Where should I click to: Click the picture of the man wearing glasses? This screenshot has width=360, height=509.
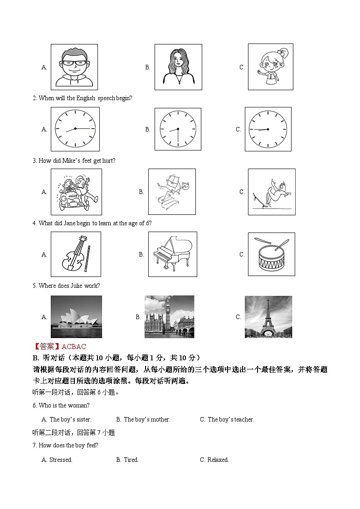coord(74,67)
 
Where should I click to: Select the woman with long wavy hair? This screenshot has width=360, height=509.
coord(178,67)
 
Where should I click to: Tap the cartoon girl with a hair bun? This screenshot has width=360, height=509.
coord(270,67)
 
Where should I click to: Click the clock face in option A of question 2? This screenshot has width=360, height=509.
coord(75,129)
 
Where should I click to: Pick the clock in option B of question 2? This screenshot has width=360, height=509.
coord(178,129)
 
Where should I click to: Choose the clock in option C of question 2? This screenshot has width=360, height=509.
coord(268,129)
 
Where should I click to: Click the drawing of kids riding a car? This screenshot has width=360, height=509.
coord(76,192)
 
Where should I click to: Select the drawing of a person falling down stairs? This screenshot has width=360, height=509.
coord(172,192)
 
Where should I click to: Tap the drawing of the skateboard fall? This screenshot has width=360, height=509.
coord(271,192)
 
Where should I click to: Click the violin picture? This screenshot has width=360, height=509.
coord(76,254)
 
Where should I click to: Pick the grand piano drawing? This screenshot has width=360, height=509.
coord(172,254)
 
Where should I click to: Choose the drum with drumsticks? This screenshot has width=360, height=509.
coord(271,254)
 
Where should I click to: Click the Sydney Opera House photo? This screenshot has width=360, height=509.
coord(76,317)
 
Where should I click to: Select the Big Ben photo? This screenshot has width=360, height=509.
coord(169,317)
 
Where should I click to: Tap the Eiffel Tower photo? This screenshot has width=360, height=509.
coord(268,317)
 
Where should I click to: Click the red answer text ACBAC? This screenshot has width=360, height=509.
coord(73,347)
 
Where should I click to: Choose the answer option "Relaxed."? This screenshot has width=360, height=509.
coord(218,460)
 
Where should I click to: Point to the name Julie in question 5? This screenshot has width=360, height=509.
coord(76,286)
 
